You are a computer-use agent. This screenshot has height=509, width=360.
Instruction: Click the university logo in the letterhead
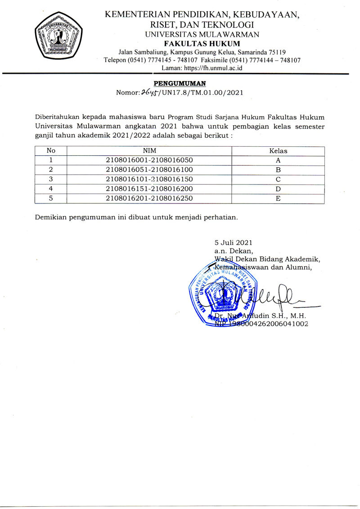59,35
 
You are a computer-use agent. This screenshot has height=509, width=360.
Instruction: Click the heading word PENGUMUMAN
180,83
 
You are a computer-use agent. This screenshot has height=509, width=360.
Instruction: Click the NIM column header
149,151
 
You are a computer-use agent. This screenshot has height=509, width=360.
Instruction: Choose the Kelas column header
278,151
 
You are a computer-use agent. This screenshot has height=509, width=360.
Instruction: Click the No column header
51,151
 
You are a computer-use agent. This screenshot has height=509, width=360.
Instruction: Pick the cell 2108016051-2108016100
149,170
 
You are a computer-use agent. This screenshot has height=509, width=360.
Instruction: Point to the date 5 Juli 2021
233,243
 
